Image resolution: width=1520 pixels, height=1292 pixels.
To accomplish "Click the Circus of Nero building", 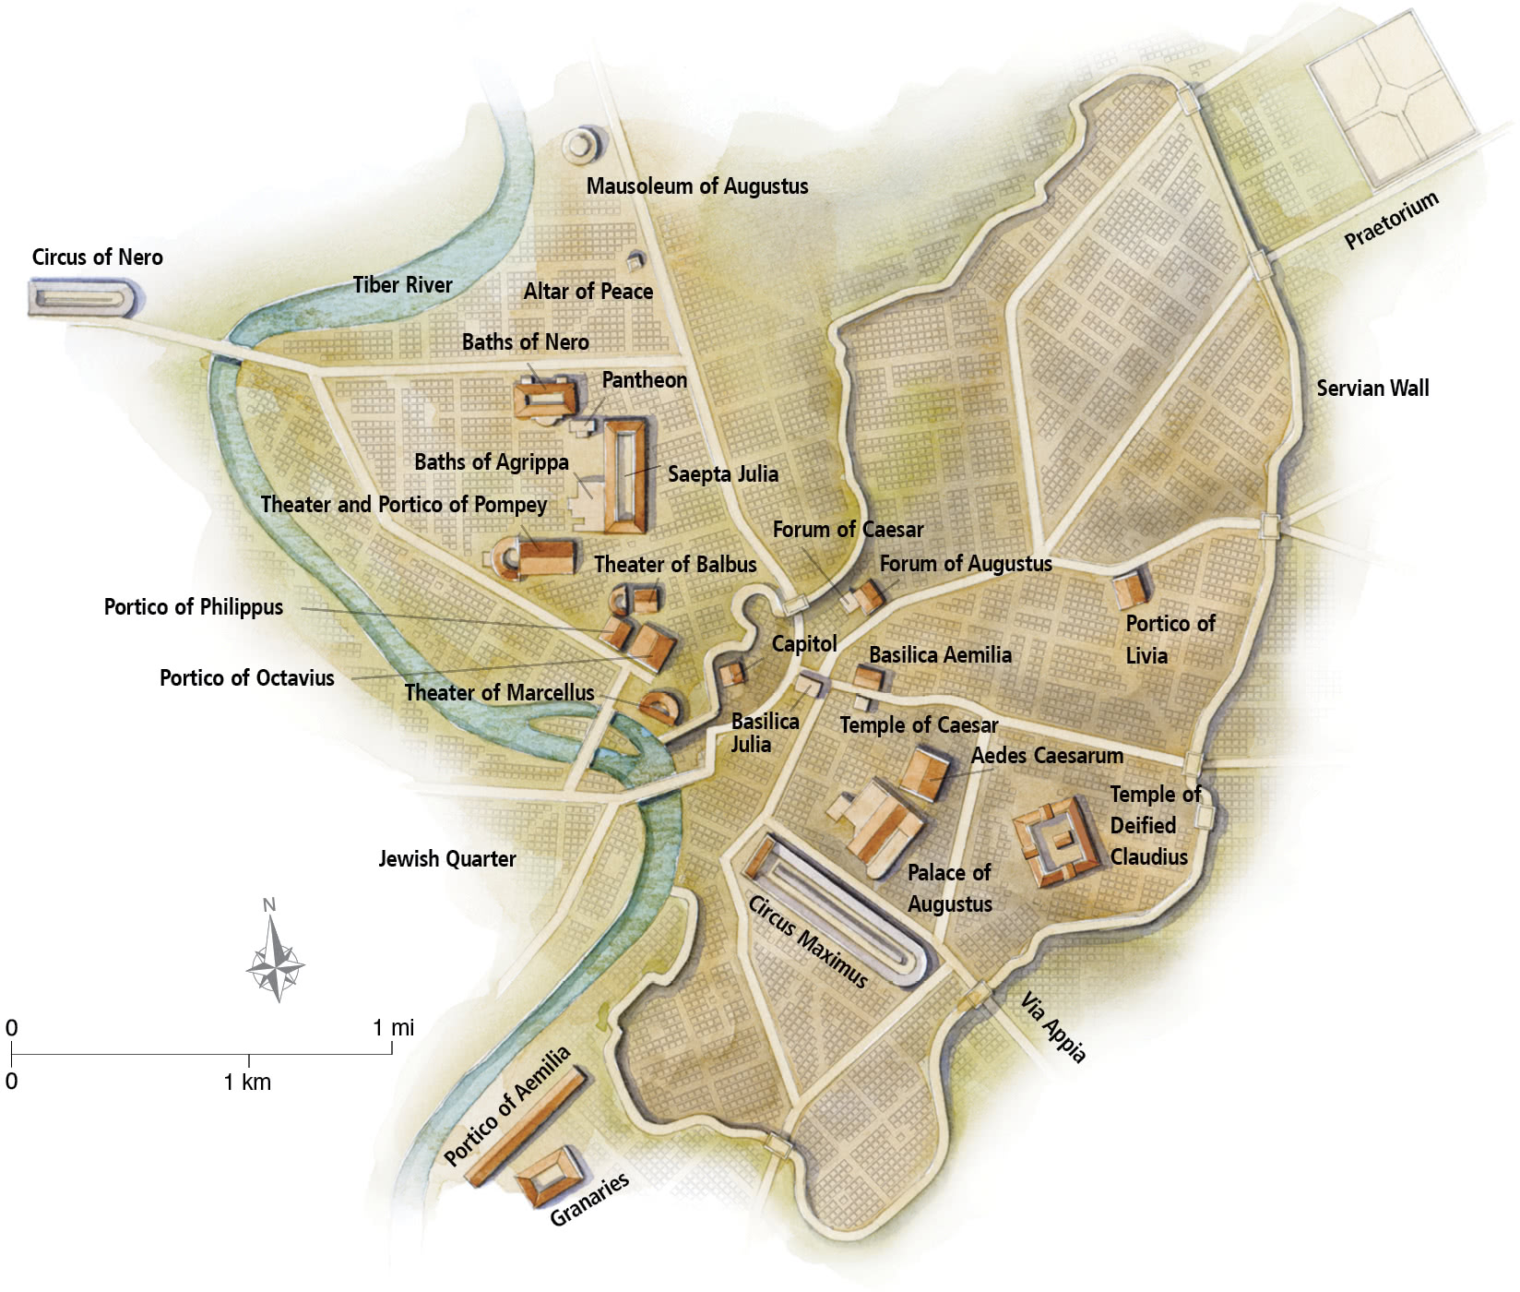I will coord(86,297).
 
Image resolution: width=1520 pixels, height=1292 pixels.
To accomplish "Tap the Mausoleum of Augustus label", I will coord(696,186).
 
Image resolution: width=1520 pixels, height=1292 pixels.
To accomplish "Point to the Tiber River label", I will coord(402,285).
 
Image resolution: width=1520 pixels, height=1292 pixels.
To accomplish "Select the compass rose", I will coord(275,965).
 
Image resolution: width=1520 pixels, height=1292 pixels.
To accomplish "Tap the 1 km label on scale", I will coord(247,1082).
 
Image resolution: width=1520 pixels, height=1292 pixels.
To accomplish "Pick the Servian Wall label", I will coord(1372,389).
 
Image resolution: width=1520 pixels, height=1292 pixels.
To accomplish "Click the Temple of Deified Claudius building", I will coord(1057,842).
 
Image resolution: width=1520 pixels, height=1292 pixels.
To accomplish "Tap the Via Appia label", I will coord(1052,1027).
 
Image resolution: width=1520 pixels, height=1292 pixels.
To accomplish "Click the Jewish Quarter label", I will coord(446,859).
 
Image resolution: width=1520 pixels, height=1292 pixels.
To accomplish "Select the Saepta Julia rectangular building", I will coord(625,476).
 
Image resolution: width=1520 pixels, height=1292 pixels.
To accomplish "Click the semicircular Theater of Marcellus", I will coord(662,707).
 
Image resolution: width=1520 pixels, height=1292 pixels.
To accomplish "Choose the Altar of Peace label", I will coord(588,292).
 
